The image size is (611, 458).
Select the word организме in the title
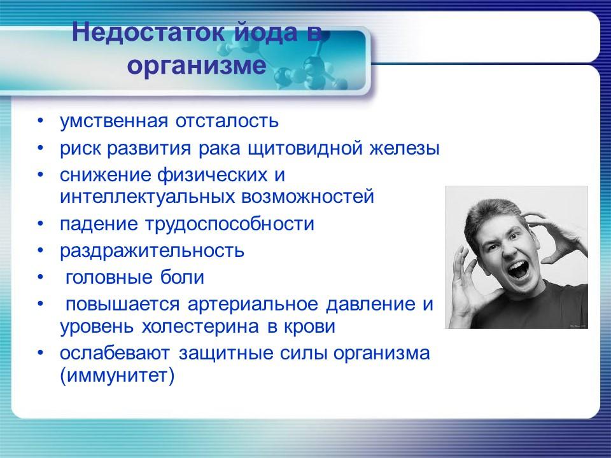click(196, 66)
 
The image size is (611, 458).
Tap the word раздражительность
click(152, 250)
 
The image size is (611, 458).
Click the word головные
click(106, 278)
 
